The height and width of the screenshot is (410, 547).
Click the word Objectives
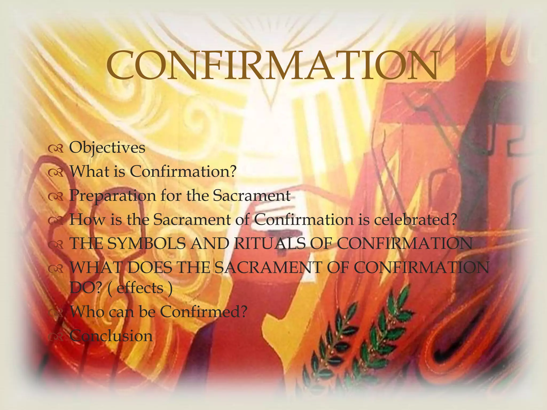click(x=107, y=148)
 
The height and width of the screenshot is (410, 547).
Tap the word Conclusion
click(x=111, y=336)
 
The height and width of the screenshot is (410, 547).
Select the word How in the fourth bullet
click(x=87, y=220)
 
